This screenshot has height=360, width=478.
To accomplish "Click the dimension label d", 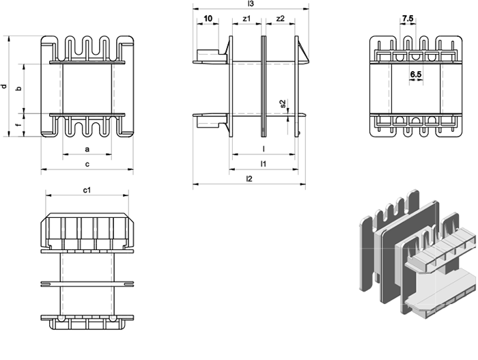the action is [x=4, y=86].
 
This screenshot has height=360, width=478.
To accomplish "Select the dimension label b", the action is [x=19, y=89].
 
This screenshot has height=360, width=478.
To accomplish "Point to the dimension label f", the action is [x=19, y=125].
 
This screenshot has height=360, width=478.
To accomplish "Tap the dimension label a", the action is [x=87, y=149].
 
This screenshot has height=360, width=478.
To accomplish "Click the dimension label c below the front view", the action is [x=87, y=164].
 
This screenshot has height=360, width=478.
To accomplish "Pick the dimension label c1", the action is [x=87, y=190].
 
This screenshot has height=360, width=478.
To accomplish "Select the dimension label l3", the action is [x=251, y=3].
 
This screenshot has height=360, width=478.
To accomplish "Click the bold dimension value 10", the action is [x=208, y=18].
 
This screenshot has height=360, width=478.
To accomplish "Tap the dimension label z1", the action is [x=247, y=18].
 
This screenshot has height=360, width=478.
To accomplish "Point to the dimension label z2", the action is [x=280, y=18].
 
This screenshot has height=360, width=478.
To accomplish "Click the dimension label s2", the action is [x=283, y=104].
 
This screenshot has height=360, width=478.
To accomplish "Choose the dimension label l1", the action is [x=264, y=164].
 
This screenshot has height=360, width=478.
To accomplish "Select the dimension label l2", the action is [x=249, y=179].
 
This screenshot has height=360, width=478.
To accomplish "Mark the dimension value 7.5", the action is [x=407, y=18].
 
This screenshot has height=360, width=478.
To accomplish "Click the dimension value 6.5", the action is [x=415, y=74].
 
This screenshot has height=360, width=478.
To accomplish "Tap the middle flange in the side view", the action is [x=264, y=86].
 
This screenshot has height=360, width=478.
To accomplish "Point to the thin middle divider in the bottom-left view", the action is [x=87, y=284].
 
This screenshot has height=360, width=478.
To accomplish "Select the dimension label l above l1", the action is [x=264, y=149].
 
